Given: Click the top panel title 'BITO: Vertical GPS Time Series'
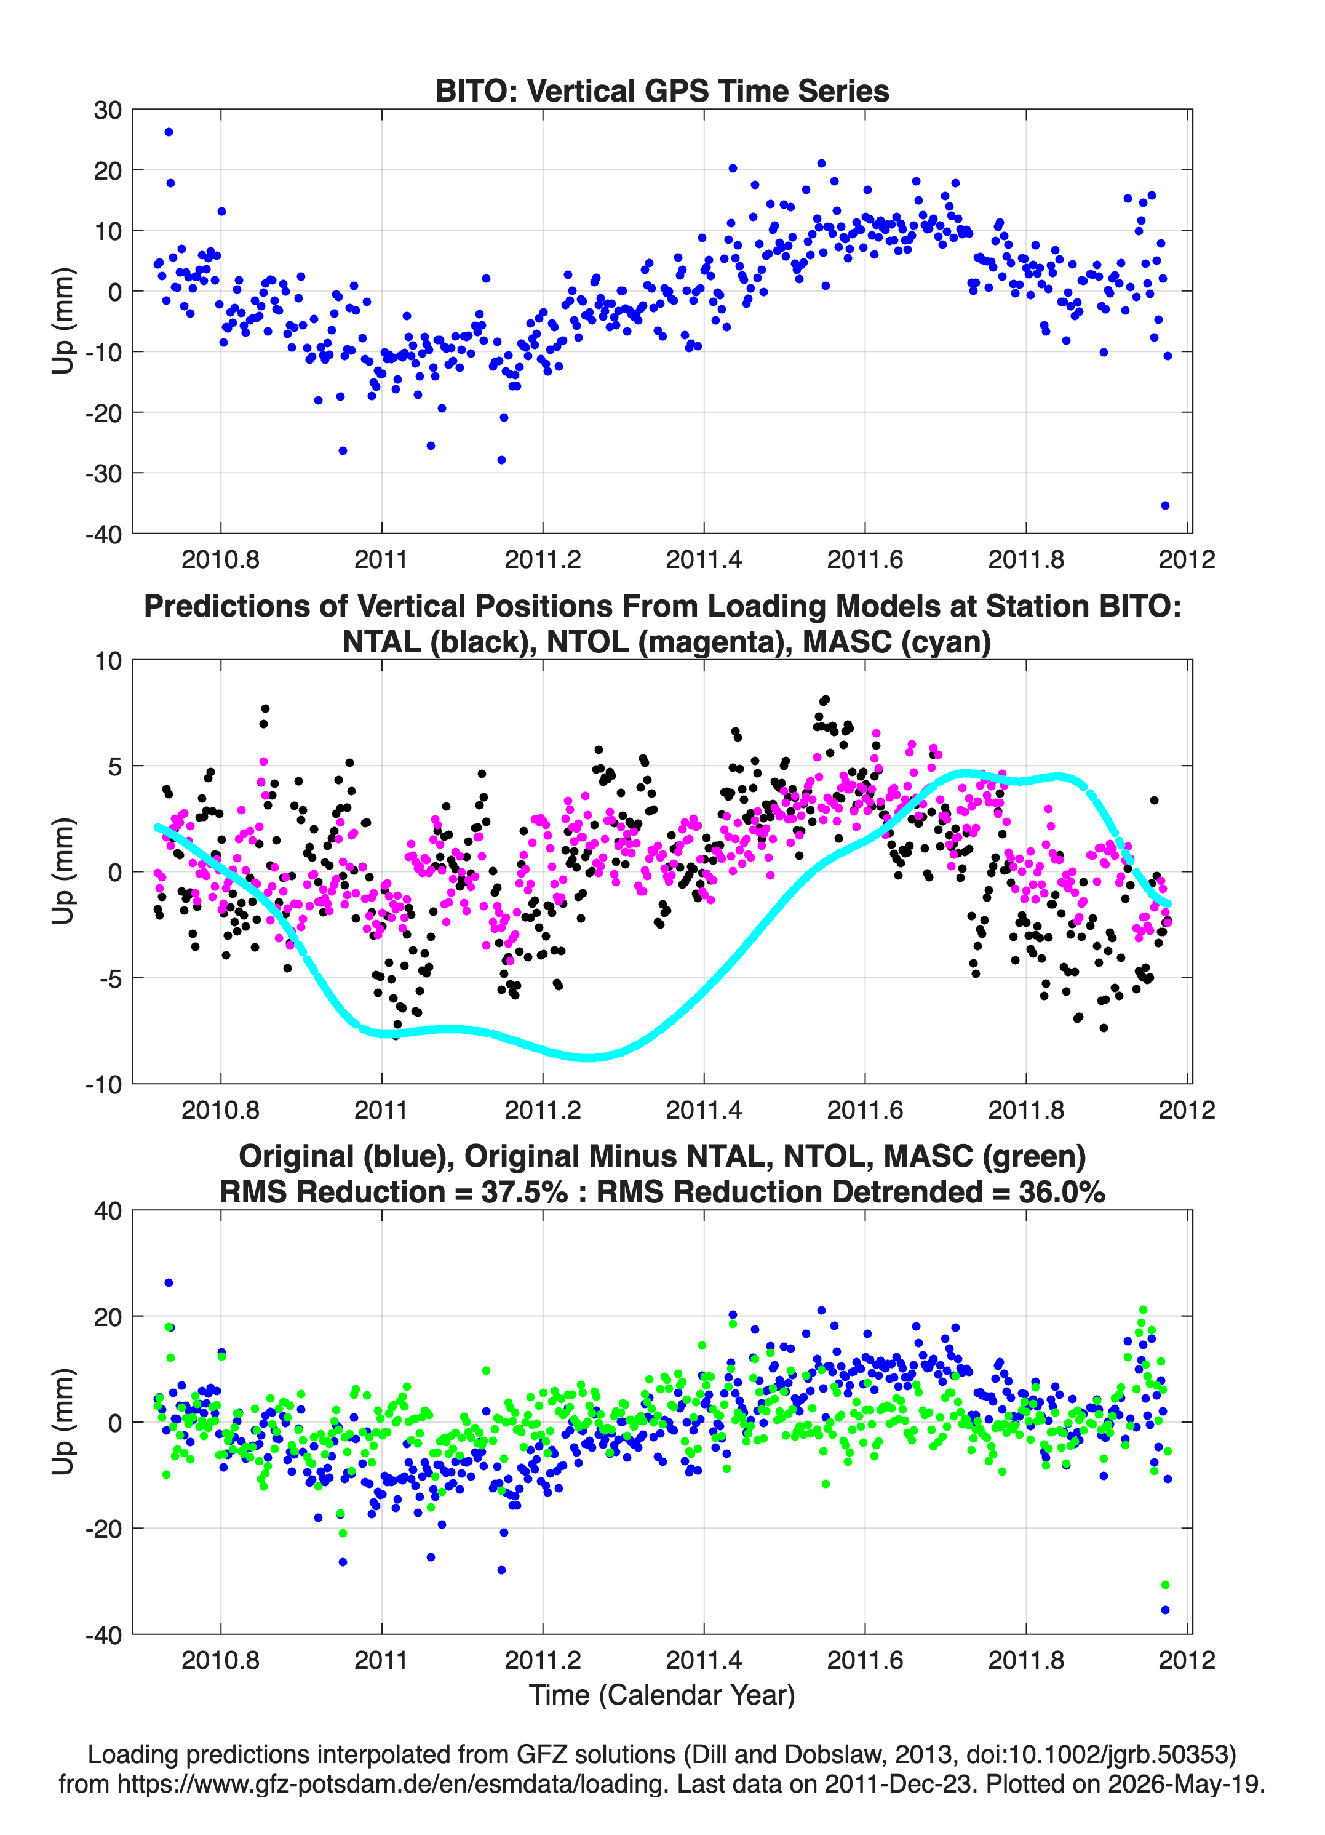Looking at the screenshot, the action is [662, 90].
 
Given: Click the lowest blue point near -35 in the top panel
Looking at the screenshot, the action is [1165, 506].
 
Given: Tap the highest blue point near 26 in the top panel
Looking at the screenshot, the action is [169, 132].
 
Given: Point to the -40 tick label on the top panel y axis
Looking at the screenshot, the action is [103, 534].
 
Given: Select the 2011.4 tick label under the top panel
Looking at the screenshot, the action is [704, 559].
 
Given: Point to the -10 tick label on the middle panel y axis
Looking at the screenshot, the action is [103, 1084].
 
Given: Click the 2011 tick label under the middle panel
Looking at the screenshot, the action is [381, 1109].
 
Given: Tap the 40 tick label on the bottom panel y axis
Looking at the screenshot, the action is [108, 1211].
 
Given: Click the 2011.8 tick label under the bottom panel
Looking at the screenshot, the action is [1025, 1660].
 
